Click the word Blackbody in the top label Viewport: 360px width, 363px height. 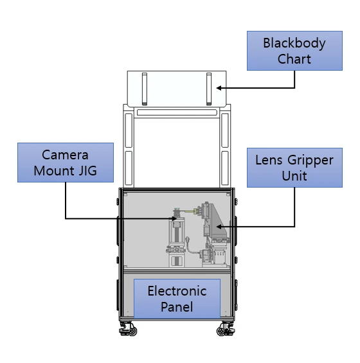coord(294,43)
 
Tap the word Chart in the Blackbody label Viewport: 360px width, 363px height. coord(294,59)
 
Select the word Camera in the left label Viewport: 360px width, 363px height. coord(65,155)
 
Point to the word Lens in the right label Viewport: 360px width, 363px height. coord(269,160)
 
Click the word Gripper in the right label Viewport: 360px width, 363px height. coord(310,161)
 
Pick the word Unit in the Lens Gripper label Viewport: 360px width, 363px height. coord(294,176)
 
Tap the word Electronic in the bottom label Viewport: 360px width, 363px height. coord(177,291)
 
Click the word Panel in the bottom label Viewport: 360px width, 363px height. coord(177,307)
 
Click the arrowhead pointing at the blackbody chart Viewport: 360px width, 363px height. coord(219,88)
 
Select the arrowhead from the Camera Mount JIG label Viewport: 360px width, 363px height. coord(174,218)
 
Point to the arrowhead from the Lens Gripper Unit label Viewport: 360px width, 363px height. coord(219,227)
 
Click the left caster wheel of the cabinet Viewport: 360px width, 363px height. coord(128,329)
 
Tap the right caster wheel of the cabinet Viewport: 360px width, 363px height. coord(226,329)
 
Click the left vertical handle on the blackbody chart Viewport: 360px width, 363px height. coord(145,89)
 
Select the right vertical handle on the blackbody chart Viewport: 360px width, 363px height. coord(209,89)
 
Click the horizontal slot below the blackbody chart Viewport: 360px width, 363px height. coord(177,112)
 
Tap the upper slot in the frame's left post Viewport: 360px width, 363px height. coord(129,130)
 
